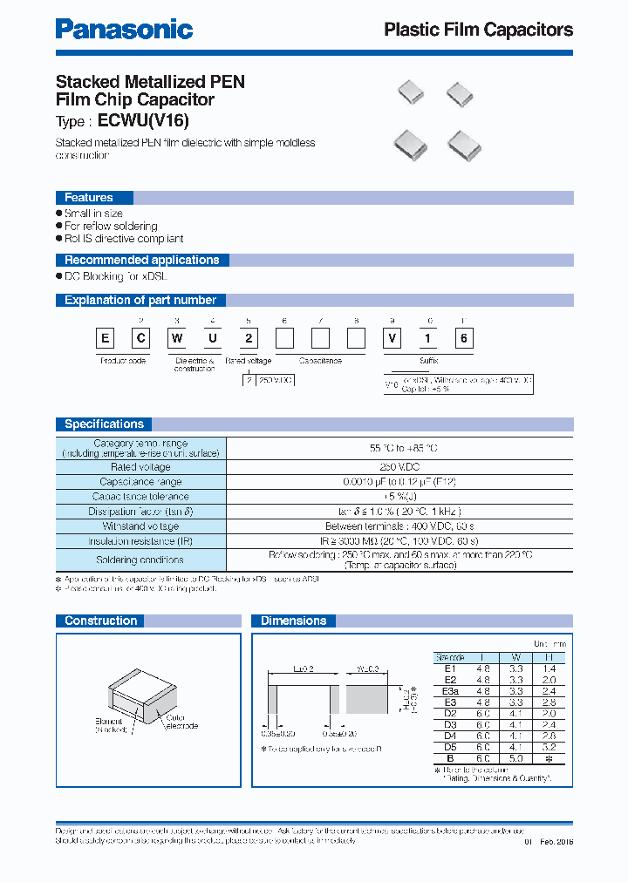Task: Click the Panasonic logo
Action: click(x=124, y=29)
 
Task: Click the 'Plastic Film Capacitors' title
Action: click(x=478, y=30)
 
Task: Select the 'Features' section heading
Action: click(x=89, y=198)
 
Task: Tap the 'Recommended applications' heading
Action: click(x=141, y=260)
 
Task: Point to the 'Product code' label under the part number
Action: click(x=122, y=360)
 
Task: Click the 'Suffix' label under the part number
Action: click(x=428, y=360)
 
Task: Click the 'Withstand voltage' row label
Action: click(x=140, y=526)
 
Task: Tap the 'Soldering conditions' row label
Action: click(x=140, y=560)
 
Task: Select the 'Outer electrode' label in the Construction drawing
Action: click(x=181, y=722)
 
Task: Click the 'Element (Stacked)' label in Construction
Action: click(x=111, y=726)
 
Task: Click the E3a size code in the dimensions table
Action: click(x=450, y=689)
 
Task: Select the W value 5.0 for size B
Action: click(x=515, y=757)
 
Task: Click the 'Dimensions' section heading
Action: click(x=293, y=621)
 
